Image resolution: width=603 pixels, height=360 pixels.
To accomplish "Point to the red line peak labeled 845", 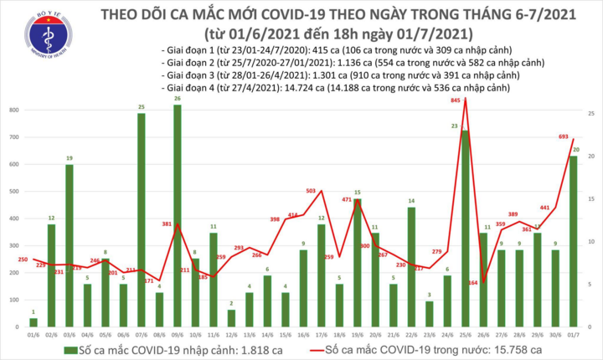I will click(465, 100).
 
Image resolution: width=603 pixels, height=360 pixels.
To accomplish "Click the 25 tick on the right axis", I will click(591, 114).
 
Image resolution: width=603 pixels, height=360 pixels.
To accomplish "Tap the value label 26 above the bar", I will click(178, 99).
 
